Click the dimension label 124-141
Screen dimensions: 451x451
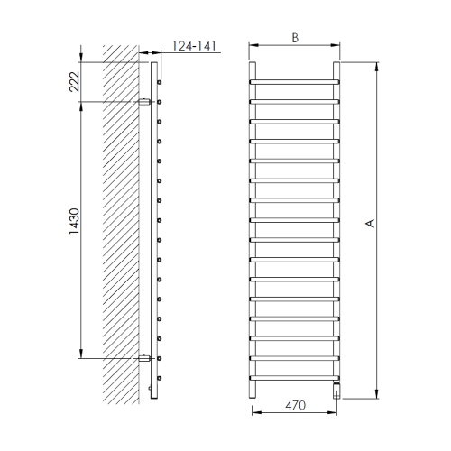click(x=194, y=46)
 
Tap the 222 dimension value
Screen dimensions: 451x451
click(x=74, y=81)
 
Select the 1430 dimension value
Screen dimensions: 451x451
click(x=74, y=221)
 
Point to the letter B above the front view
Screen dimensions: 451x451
click(x=295, y=38)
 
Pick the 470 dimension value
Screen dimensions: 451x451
click(x=296, y=405)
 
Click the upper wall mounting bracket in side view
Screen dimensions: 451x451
click(x=144, y=102)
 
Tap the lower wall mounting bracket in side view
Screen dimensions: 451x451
click(x=144, y=358)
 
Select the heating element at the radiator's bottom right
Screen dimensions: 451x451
click(x=336, y=390)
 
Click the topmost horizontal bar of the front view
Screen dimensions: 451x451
click(x=295, y=82)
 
